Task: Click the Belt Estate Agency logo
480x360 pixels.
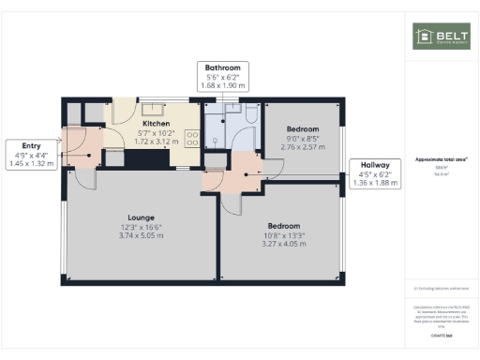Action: (436, 36)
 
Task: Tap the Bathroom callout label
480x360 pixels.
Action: (223, 67)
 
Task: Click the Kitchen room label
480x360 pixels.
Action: (156, 123)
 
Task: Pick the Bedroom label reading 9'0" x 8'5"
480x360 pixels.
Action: (302, 138)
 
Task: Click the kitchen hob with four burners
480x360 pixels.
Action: (192, 137)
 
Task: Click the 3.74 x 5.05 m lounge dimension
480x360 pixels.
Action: (141, 235)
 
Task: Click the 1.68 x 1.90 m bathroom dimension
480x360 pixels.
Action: (223, 85)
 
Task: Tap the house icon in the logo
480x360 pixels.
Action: (423, 36)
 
